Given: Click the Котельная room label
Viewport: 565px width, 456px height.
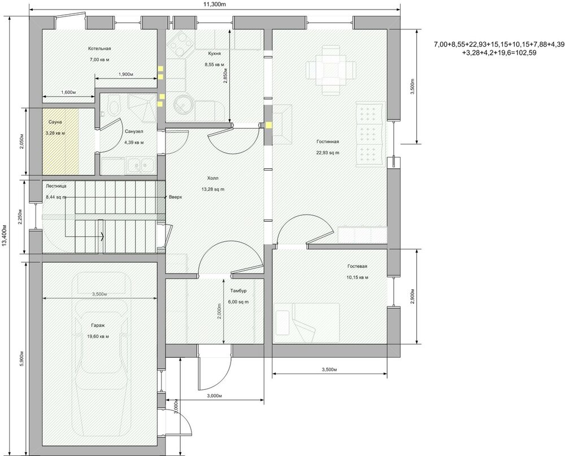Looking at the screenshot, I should point(99,49).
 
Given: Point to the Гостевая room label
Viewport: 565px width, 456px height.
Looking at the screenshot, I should point(358,266).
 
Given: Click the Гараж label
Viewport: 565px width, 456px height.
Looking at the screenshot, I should point(98,326).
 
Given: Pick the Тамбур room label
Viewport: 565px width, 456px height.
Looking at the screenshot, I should point(237,291).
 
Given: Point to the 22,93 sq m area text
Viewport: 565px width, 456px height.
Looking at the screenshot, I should point(328,153).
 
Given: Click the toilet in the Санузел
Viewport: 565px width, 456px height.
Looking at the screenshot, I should point(114,107).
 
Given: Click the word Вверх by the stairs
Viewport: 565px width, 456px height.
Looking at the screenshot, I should point(176,197).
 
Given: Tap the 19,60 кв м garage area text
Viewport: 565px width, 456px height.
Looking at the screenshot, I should point(98,336).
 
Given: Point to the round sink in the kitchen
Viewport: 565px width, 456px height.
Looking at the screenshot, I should point(183,105).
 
